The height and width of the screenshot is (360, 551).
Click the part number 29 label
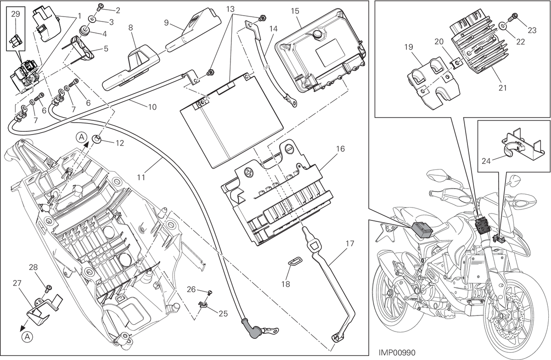pos(16,14)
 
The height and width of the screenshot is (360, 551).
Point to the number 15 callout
pos(295,11)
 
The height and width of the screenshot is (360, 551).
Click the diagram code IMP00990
pos(397,353)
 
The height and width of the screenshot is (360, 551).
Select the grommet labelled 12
pos(97,139)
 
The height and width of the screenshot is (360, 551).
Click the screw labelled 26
pos(210,292)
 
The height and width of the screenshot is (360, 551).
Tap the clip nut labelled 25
pos(202,304)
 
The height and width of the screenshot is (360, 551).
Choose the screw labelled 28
pos(49,288)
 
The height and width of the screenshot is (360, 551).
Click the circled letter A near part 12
pos(82,137)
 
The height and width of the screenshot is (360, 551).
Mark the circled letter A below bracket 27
pos(27,336)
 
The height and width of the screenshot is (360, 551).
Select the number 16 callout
pos(340,149)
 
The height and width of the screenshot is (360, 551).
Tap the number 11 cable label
pos(141,177)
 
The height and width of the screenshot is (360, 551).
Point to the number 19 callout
pos(409,47)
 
